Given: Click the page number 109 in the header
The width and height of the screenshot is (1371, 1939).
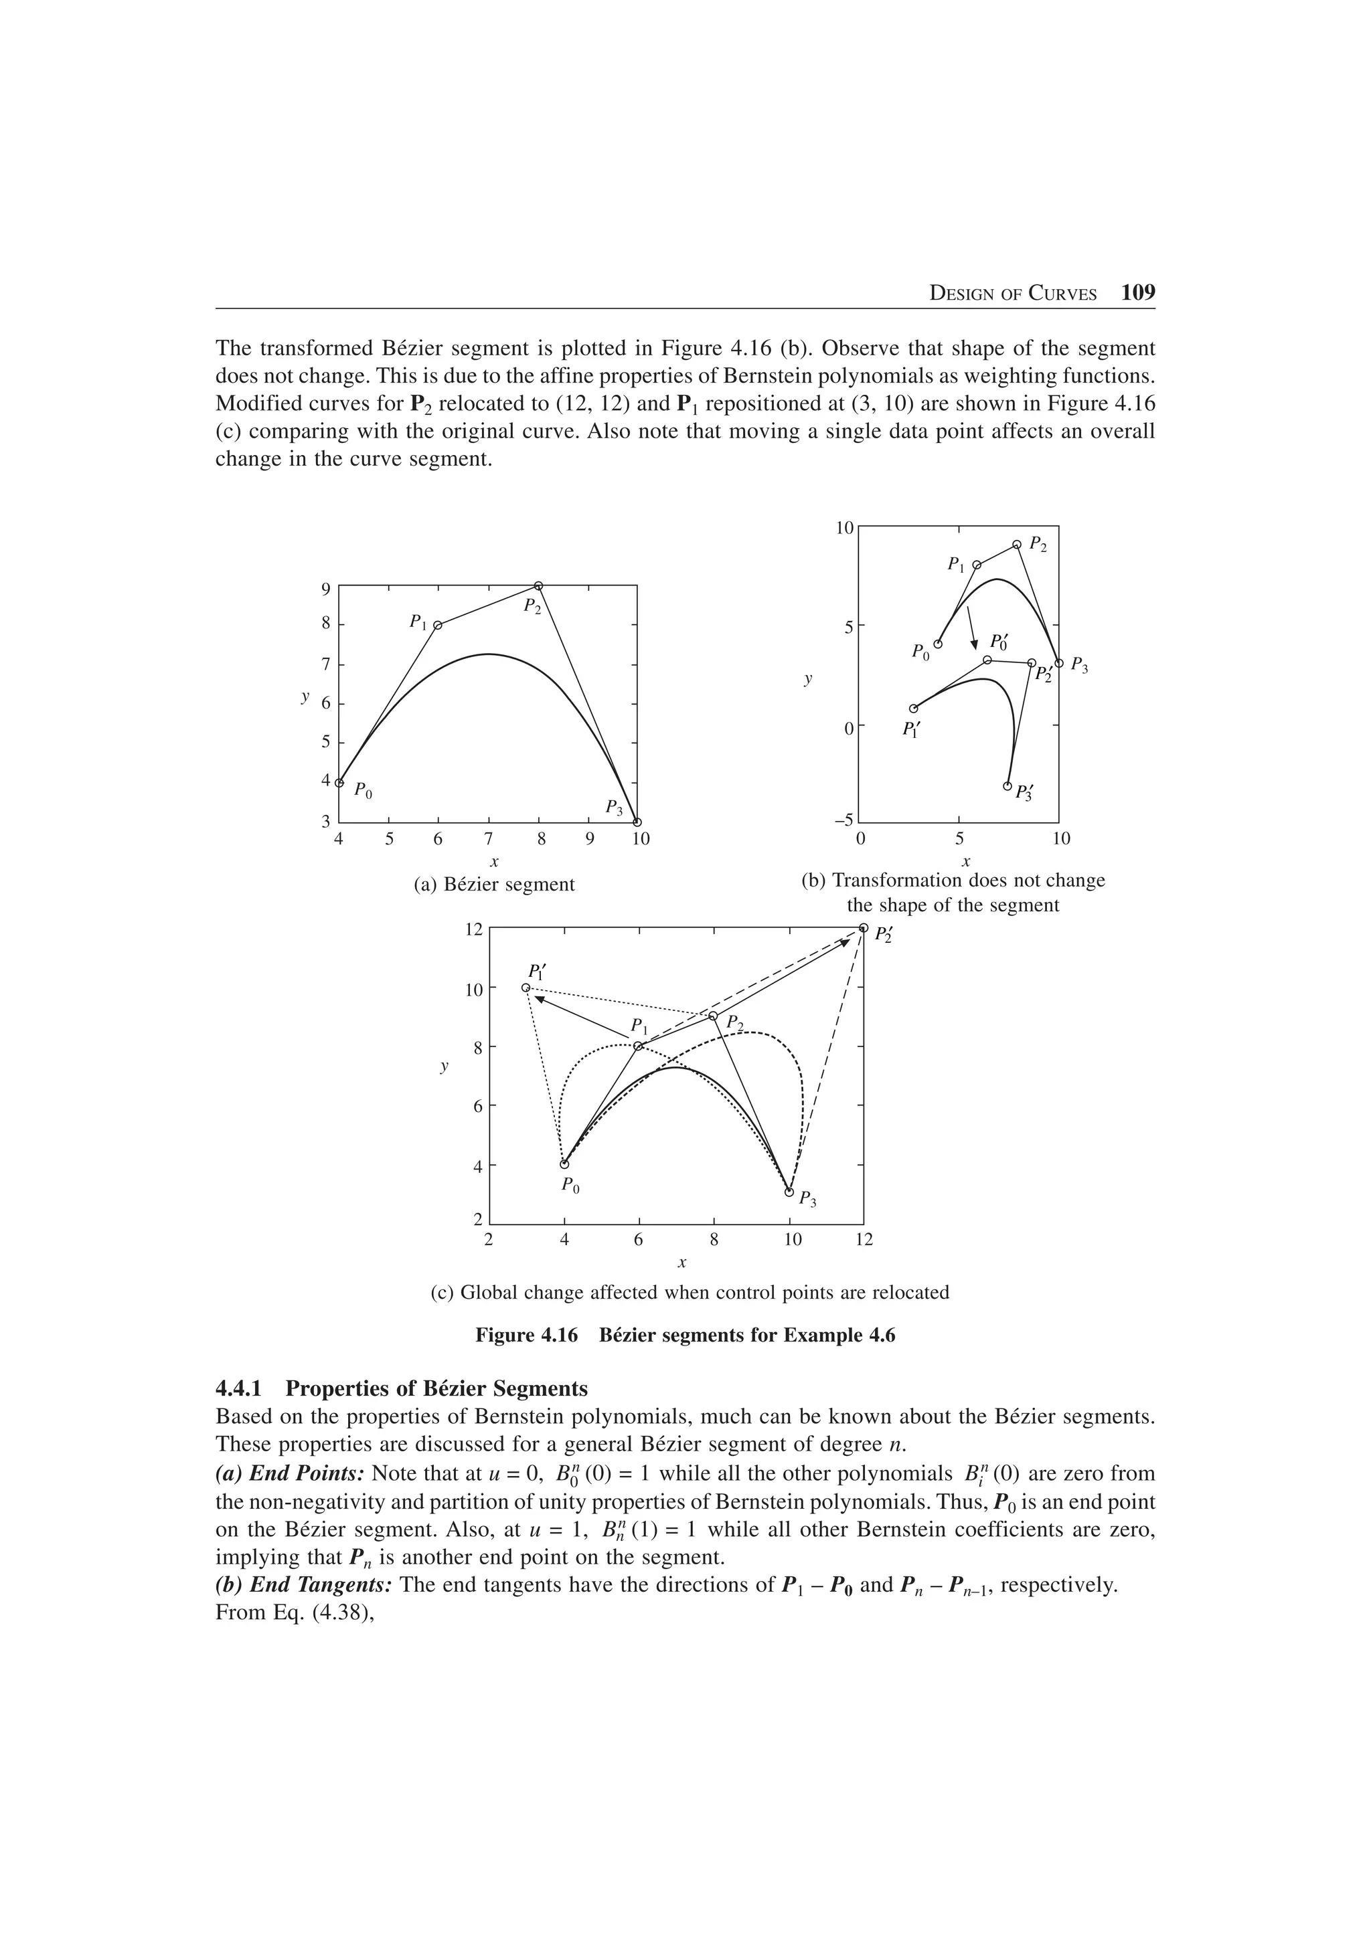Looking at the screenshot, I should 1138,293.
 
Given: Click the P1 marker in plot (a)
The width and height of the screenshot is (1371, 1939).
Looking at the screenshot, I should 438,626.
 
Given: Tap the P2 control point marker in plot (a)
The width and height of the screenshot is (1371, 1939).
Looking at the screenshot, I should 539,585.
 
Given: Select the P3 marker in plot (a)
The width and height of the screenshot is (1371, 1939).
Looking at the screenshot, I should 638,822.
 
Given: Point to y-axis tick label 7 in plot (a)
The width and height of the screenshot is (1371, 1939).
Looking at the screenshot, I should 325,664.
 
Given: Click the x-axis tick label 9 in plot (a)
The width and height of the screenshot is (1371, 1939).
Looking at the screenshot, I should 590,840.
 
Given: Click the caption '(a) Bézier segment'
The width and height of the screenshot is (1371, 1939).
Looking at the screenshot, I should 494,885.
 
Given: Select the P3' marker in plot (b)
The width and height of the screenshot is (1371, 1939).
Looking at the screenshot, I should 1007,786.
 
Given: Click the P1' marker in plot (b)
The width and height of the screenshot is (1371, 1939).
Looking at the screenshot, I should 913,709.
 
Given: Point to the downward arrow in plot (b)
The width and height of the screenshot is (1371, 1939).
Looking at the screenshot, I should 971,627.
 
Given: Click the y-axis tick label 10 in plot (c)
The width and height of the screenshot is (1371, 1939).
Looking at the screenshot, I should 474,989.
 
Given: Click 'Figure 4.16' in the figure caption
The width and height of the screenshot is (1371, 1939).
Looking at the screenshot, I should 526,1335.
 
